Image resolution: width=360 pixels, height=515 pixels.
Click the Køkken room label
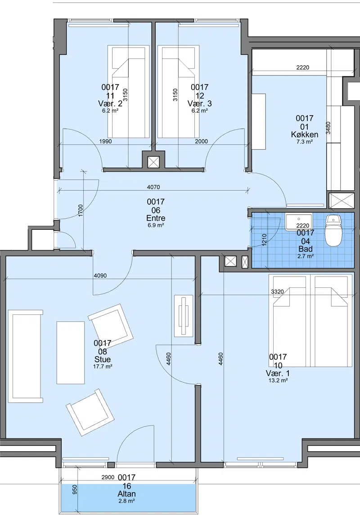click(x=305, y=134)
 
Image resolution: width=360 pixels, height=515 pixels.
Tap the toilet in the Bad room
click(x=333, y=231)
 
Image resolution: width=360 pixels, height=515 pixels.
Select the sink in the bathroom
click(x=299, y=222)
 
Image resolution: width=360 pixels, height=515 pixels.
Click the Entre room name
click(x=156, y=218)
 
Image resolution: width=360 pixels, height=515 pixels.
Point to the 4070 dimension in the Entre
click(x=153, y=187)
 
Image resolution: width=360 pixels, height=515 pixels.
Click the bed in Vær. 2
click(x=126, y=92)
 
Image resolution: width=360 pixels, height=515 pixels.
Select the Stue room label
click(x=103, y=359)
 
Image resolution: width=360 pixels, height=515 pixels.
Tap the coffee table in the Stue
click(x=71, y=353)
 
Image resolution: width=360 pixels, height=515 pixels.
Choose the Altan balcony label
click(x=127, y=494)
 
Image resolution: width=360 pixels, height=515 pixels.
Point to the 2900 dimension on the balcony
click(x=108, y=477)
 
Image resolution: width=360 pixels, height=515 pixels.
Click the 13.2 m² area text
click(x=278, y=381)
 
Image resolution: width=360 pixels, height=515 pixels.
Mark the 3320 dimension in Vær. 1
click(x=278, y=291)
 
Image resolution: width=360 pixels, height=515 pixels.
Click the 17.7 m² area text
click(x=103, y=367)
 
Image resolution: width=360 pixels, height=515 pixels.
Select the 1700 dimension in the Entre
click(x=81, y=210)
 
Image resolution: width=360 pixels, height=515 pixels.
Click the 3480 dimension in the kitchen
click(x=328, y=128)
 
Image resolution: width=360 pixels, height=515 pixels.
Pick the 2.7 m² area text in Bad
click(x=306, y=256)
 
